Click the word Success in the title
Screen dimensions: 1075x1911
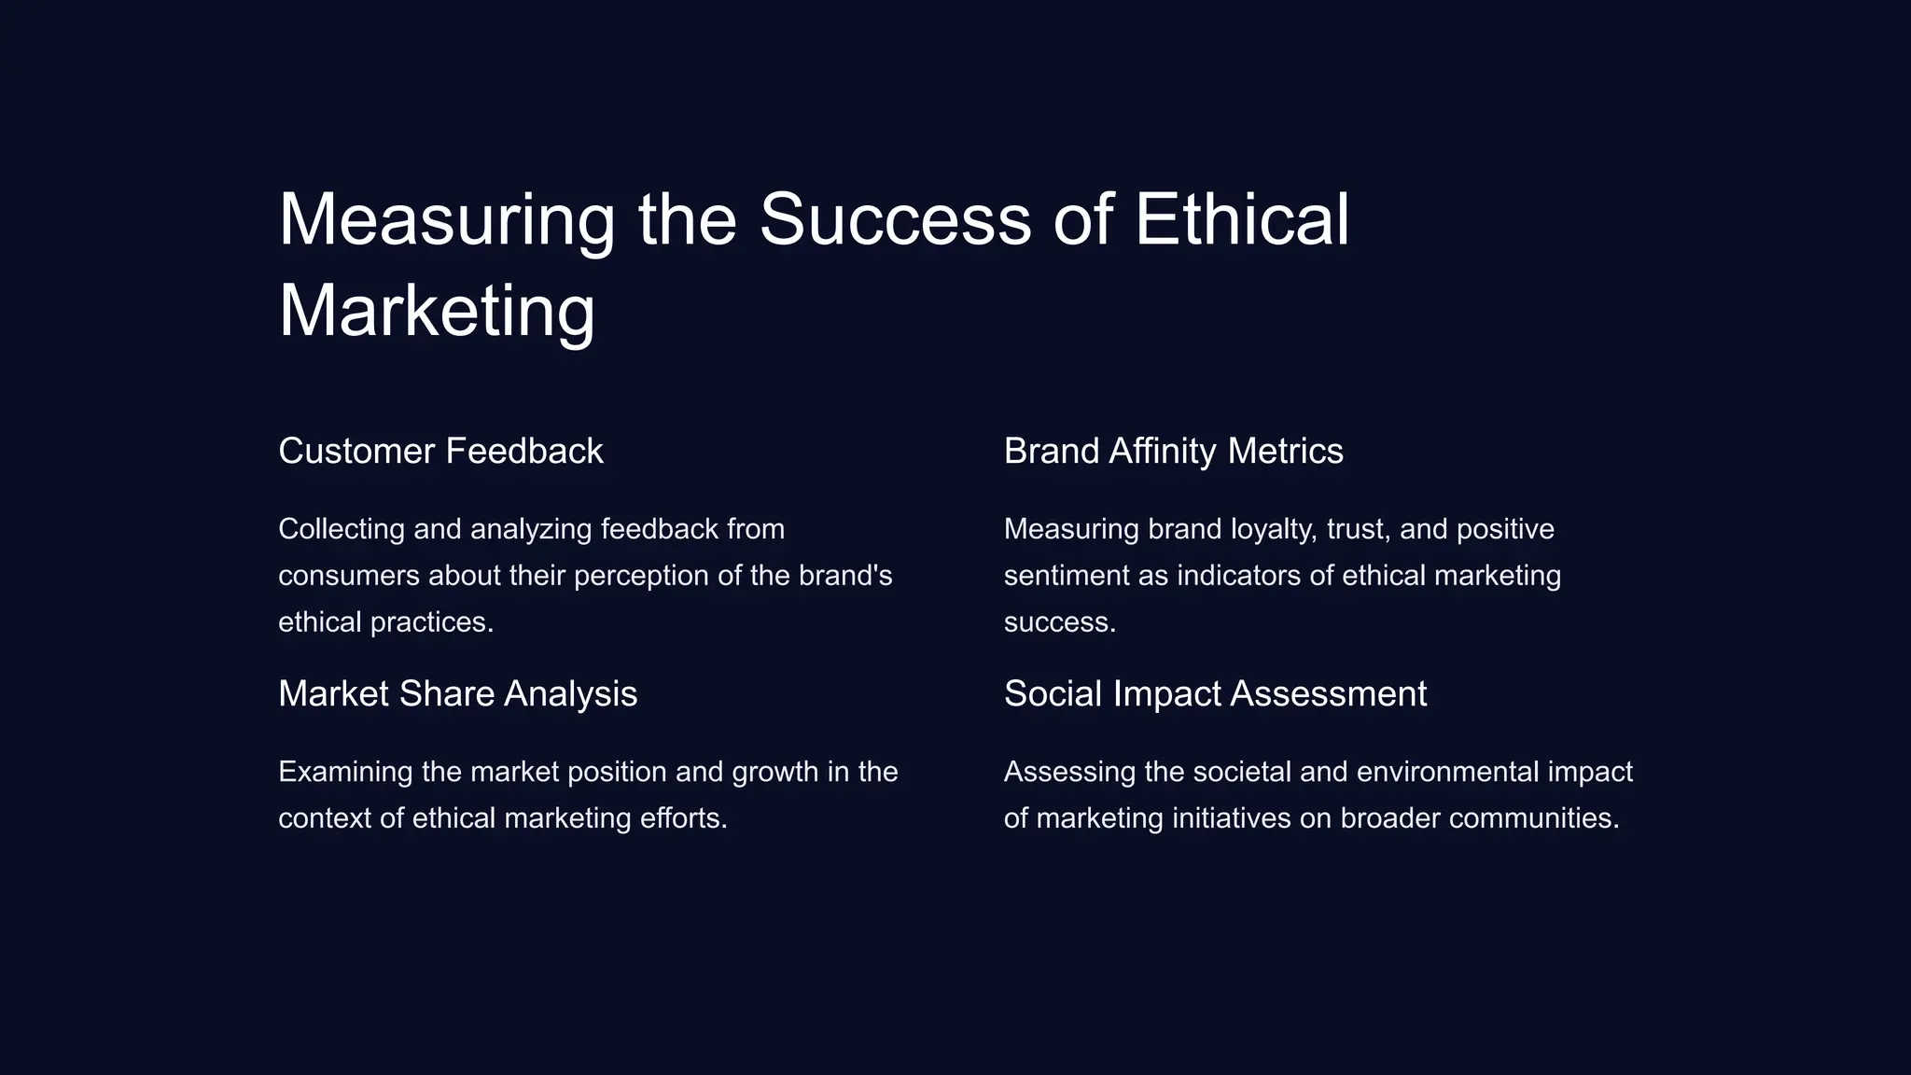pos(895,220)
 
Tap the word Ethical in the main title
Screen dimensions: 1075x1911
pos(1241,220)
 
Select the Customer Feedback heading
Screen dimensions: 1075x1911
pos(440,452)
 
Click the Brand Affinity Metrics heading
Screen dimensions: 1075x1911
pos(1173,452)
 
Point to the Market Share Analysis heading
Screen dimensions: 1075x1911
pos(457,694)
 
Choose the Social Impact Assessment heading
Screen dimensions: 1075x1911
pos(1215,694)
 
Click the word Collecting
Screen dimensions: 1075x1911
pos(342,529)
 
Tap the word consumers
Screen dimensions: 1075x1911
pos(349,576)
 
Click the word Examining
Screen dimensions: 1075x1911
pos(345,772)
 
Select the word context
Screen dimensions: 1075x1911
pos(325,818)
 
